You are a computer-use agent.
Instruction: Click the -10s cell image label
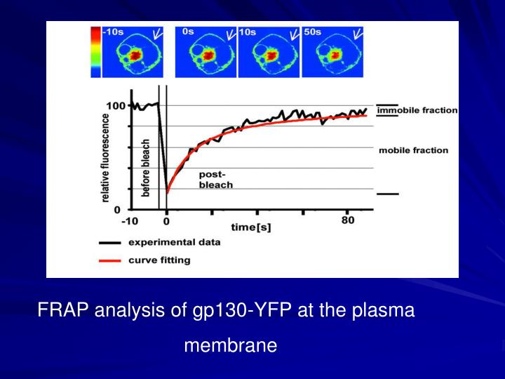click(x=114, y=32)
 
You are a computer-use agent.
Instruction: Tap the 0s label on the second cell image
click(x=187, y=32)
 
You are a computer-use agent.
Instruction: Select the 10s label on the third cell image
click(x=248, y=32)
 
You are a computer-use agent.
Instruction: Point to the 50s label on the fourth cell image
click(x=312, y=32)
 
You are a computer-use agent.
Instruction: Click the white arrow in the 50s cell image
click(x=357, y=34)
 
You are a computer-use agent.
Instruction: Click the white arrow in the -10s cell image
click(x=159, y=34)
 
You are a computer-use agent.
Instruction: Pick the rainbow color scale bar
click(x=95, y=51)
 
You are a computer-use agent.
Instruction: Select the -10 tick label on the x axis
click(x=130, y=222)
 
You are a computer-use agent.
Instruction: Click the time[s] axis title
click(x=250, y=227)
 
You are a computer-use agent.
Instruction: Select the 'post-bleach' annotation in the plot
click(x=216, y=179)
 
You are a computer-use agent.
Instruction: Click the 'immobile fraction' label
click(x=417, y=110)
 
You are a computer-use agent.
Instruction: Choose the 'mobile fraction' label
click(x=413, y=150)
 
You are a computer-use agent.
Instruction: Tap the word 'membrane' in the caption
click(x=231, y=345)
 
